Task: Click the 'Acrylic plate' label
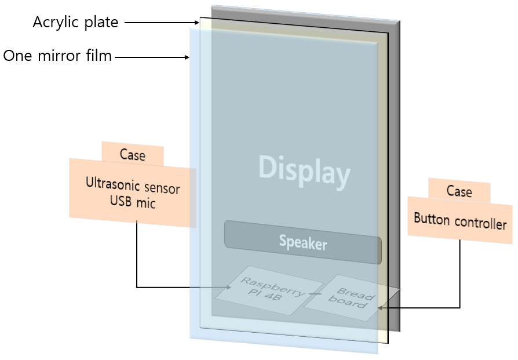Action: [x=75, y=23]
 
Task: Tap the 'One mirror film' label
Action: [x=57, y=57]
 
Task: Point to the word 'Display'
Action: [x=304, y=171]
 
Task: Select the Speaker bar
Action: [x=302, y=242]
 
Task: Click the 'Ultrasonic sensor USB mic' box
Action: [x=133, y=194]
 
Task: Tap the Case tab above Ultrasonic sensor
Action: [x=132, y=155]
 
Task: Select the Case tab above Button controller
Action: [x=459, y=191]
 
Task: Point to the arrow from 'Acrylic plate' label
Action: [x=162, y=23]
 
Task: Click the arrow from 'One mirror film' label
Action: [x=152, y=57]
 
